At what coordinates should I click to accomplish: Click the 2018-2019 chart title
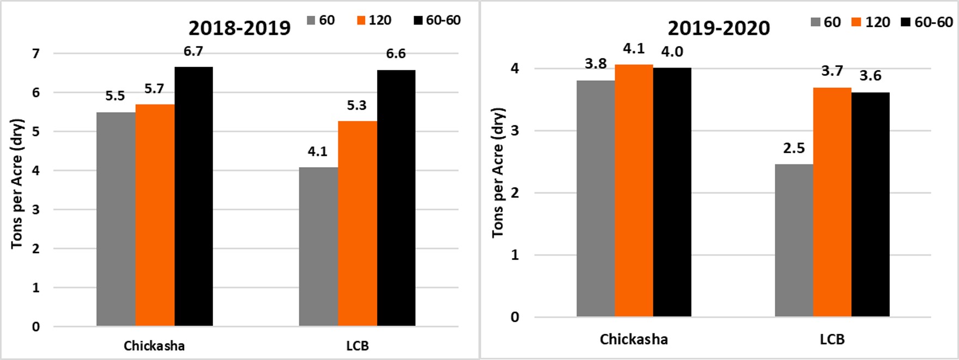240,28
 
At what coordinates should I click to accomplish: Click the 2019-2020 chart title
719,28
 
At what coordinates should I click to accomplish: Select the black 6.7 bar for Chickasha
193,196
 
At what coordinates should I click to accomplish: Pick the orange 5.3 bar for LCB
357,223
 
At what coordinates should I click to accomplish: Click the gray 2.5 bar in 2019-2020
794,240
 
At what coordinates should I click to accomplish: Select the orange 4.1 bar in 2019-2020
634,191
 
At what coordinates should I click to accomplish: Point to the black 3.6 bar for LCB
870,204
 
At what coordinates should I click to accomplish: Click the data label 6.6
396,54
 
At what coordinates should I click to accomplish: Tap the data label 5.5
115,96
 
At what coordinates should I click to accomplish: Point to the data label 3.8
596,64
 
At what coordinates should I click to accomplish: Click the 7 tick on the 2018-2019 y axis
36,54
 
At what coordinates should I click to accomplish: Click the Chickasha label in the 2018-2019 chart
154,346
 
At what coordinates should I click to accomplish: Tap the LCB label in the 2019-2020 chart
832,339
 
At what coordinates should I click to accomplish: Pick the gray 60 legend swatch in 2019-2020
816,22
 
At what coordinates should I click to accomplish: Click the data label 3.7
832,71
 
